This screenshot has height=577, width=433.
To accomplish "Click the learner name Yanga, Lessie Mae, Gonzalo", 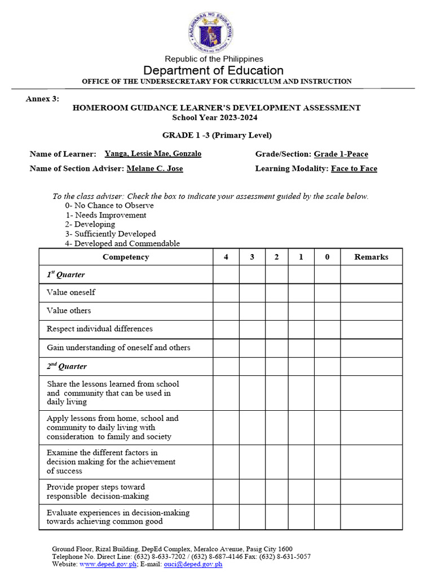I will point(153,154).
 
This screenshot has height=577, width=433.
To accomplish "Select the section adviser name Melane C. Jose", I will point(154,168).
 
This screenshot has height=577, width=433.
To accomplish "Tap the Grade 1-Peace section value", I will point(341,154).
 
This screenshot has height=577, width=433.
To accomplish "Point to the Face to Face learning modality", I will point(354,168).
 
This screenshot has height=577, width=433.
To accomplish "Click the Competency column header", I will point(126,257).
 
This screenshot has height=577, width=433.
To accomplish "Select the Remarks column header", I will point(371,257).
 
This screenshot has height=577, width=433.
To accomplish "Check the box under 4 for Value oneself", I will point(226,292).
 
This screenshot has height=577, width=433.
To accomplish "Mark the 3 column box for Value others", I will point(252,310).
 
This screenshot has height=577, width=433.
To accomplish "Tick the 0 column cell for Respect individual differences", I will point(327,329).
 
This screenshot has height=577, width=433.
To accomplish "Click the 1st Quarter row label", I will point(66,275).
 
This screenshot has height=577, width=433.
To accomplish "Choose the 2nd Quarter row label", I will point(67,366).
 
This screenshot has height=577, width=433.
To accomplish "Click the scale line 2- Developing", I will point(90,224).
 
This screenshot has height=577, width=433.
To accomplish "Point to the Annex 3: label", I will point(42,99).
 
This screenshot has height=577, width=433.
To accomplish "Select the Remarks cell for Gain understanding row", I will point(371,348).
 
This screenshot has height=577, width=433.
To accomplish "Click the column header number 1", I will point(301,257).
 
